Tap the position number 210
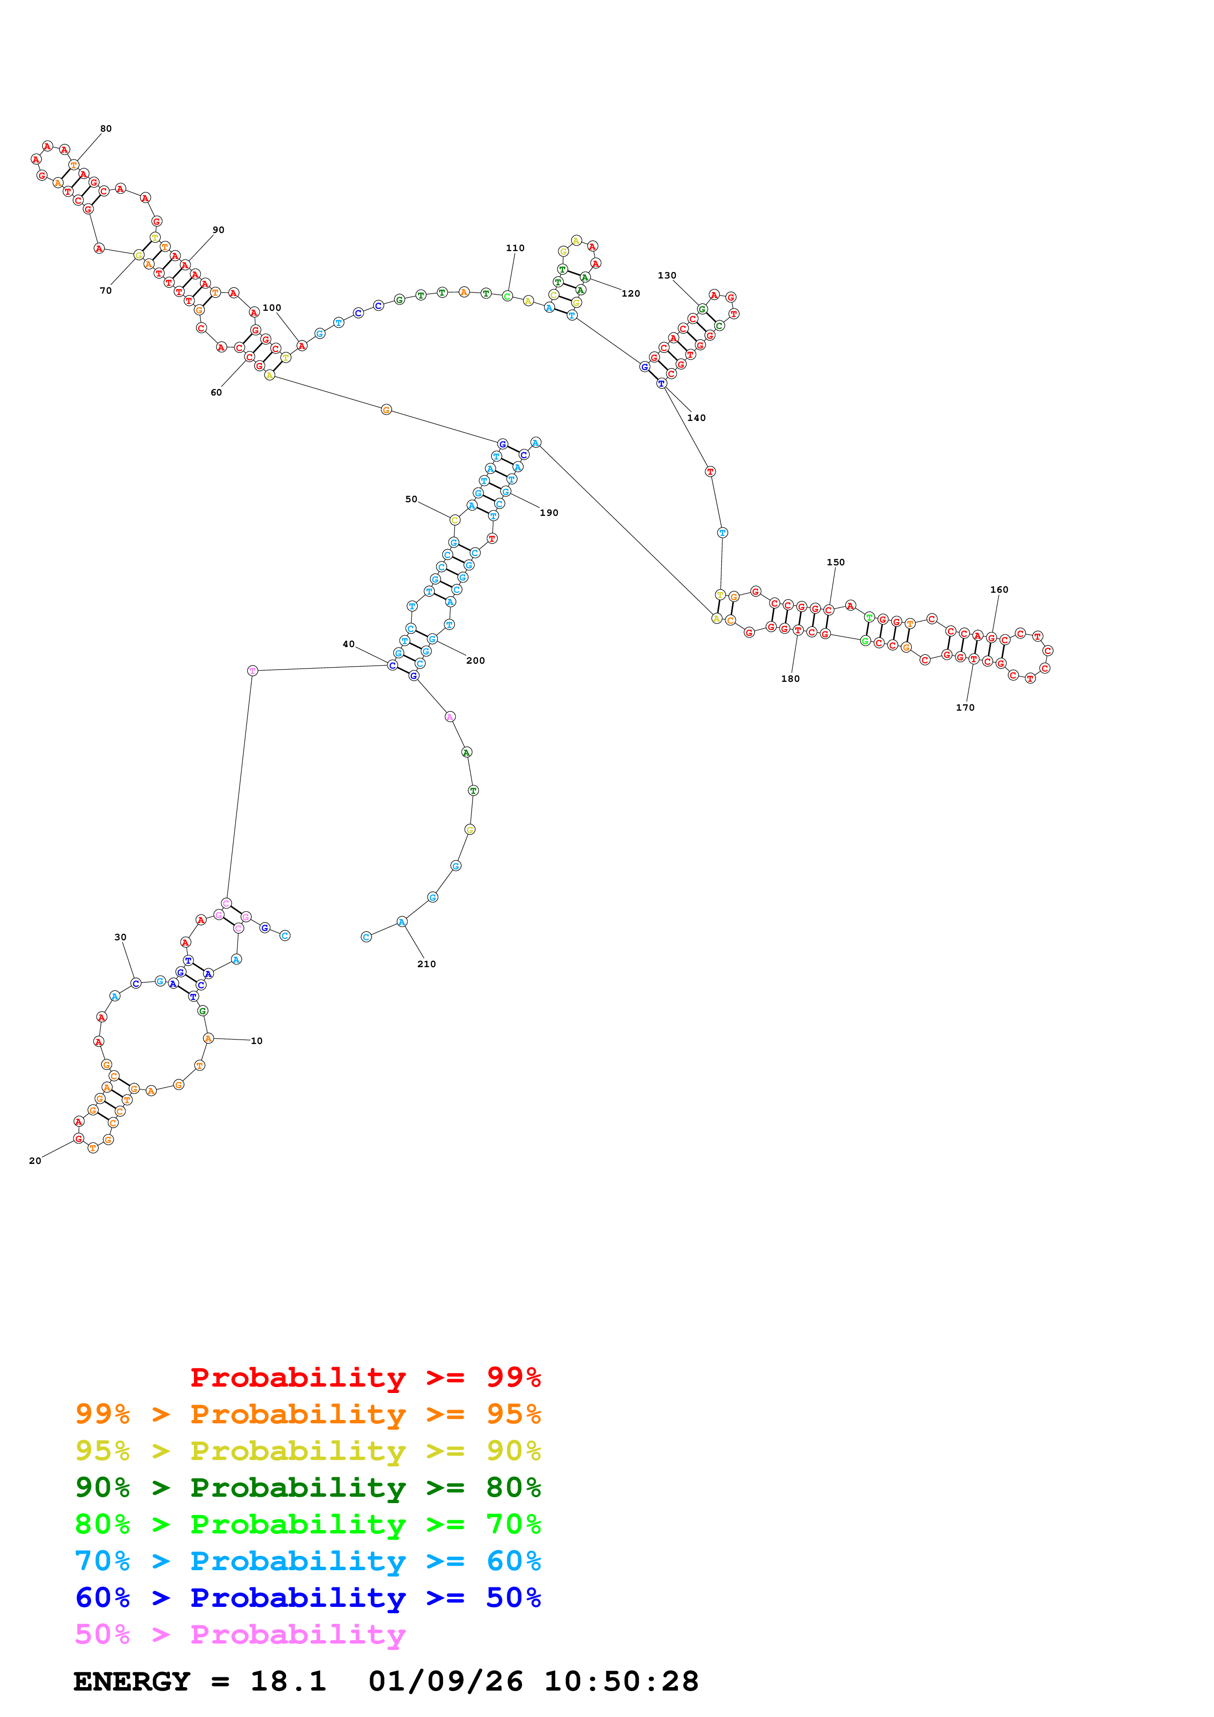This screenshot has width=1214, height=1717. click(x=427, y=964)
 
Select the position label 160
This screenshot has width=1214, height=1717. click(x=1000, y=589)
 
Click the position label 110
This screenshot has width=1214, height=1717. click(x=515, y=248)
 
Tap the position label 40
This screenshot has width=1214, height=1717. click(x=349, y=644)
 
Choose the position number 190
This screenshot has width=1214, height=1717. click(x=549, y=512)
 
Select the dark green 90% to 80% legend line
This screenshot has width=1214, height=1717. click(x=308, y=1487)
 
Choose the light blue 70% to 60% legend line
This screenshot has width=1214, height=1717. click(x=308, y=1561)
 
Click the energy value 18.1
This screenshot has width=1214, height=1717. click(x=288, y=1681)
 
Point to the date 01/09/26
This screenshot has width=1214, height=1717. click(x=446, y=1681)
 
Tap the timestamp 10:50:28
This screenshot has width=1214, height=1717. click(x=621, y=1681)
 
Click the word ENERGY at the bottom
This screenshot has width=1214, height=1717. click(x=132, y=1681)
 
